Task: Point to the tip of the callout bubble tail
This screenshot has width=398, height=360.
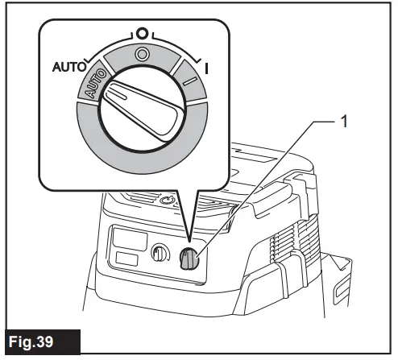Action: [187, 242]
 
